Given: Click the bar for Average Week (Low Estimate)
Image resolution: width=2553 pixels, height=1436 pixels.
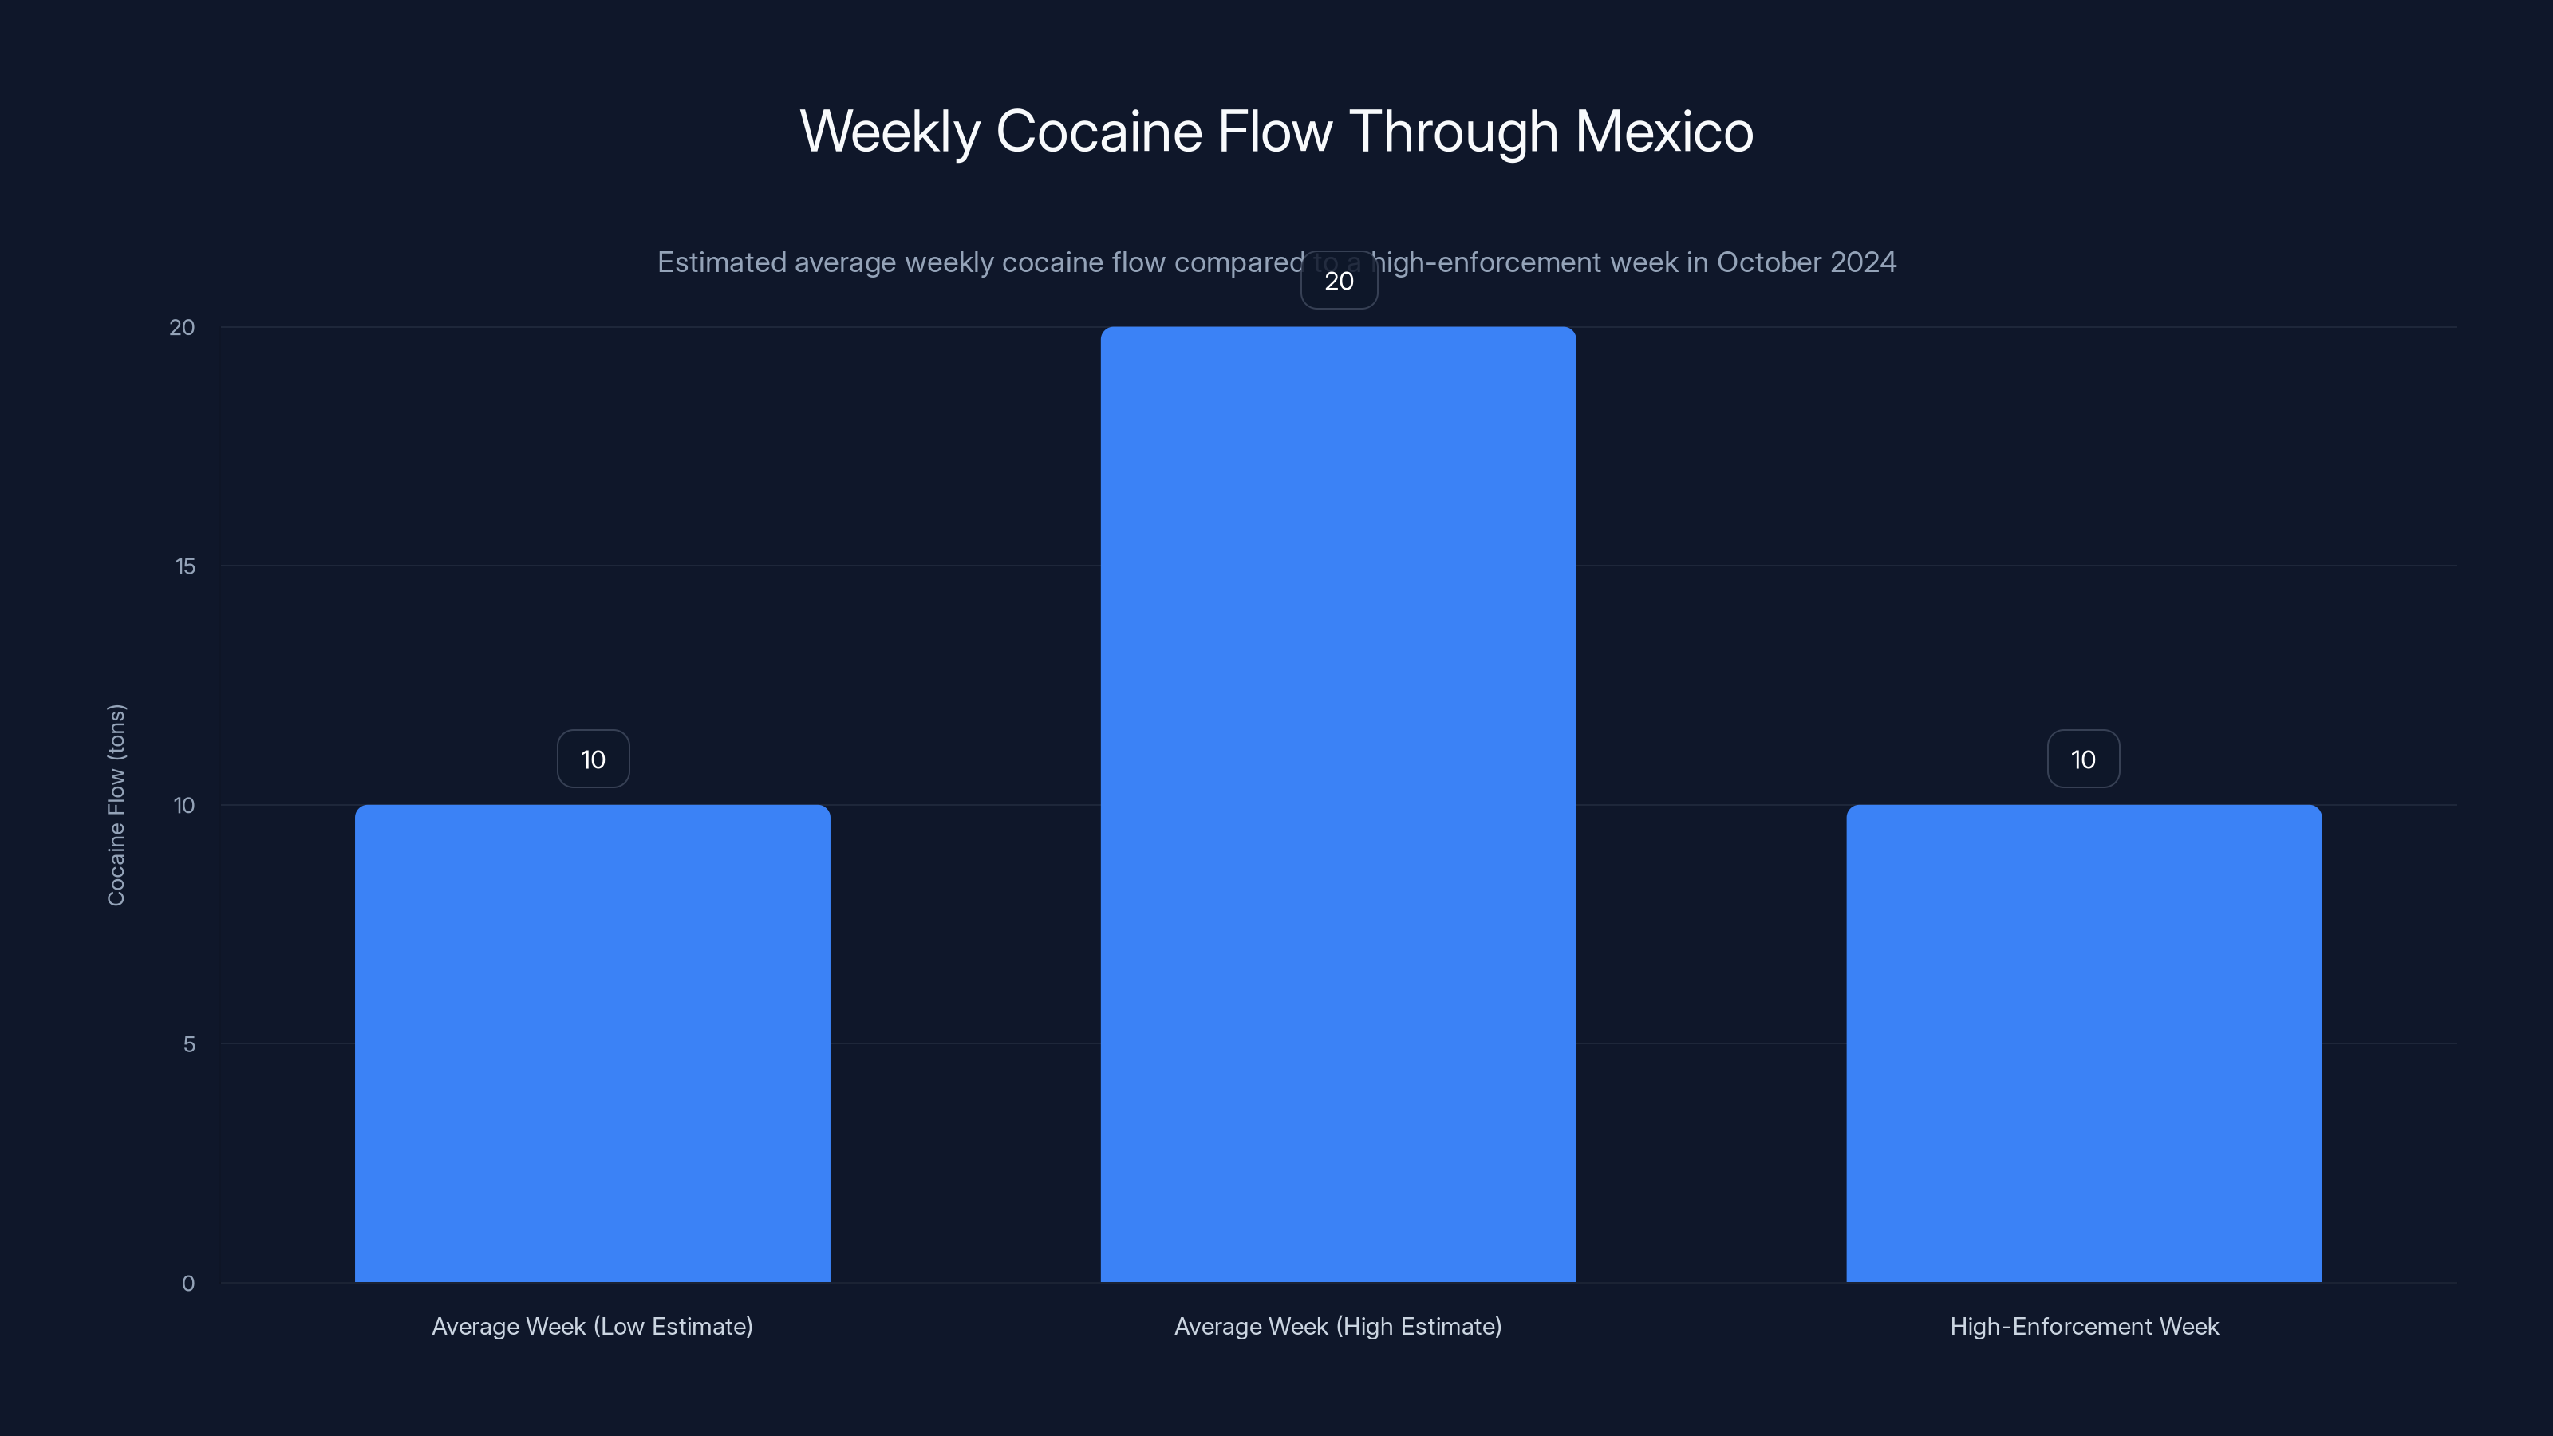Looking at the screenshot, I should (x=593, y=1043).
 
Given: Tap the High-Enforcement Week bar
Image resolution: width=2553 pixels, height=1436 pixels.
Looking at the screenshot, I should (x=2083, y=1043).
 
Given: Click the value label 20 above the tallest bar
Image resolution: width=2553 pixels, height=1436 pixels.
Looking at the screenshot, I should (x=1339, y=282).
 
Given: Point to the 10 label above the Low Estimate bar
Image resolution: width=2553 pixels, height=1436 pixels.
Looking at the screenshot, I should (x=593, y=759).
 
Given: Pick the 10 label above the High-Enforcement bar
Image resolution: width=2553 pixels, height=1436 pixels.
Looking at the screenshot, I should (x=2083, y=759).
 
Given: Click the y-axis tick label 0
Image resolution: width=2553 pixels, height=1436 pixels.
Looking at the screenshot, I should (x=188, y=1284).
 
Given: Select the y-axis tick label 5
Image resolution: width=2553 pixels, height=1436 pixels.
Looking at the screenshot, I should (x=189, y=1044).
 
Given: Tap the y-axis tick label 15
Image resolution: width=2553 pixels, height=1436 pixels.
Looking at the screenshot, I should (x=185, y=567).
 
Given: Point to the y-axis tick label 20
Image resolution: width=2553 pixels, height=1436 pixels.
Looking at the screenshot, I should (x=183, y=328).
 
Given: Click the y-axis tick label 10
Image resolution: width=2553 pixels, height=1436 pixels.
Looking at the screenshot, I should (x=184, y=806).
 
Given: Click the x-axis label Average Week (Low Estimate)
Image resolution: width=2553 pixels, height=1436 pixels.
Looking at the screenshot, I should (x=593, y=1326).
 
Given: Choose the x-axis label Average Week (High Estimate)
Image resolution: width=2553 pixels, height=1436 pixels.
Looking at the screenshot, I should (x=1338, y=1326).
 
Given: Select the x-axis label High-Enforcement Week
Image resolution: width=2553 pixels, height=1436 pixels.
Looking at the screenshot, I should (x=2084, y=1326).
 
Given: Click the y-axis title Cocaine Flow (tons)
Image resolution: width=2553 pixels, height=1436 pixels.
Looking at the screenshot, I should (x=116, y=805).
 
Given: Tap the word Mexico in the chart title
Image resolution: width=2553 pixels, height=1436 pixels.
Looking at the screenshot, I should (x=1664, y=131).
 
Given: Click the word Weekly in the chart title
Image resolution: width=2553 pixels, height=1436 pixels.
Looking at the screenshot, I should (x=890, y=131).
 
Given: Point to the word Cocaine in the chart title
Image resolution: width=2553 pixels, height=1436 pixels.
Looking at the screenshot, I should (x=1099, y=131).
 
